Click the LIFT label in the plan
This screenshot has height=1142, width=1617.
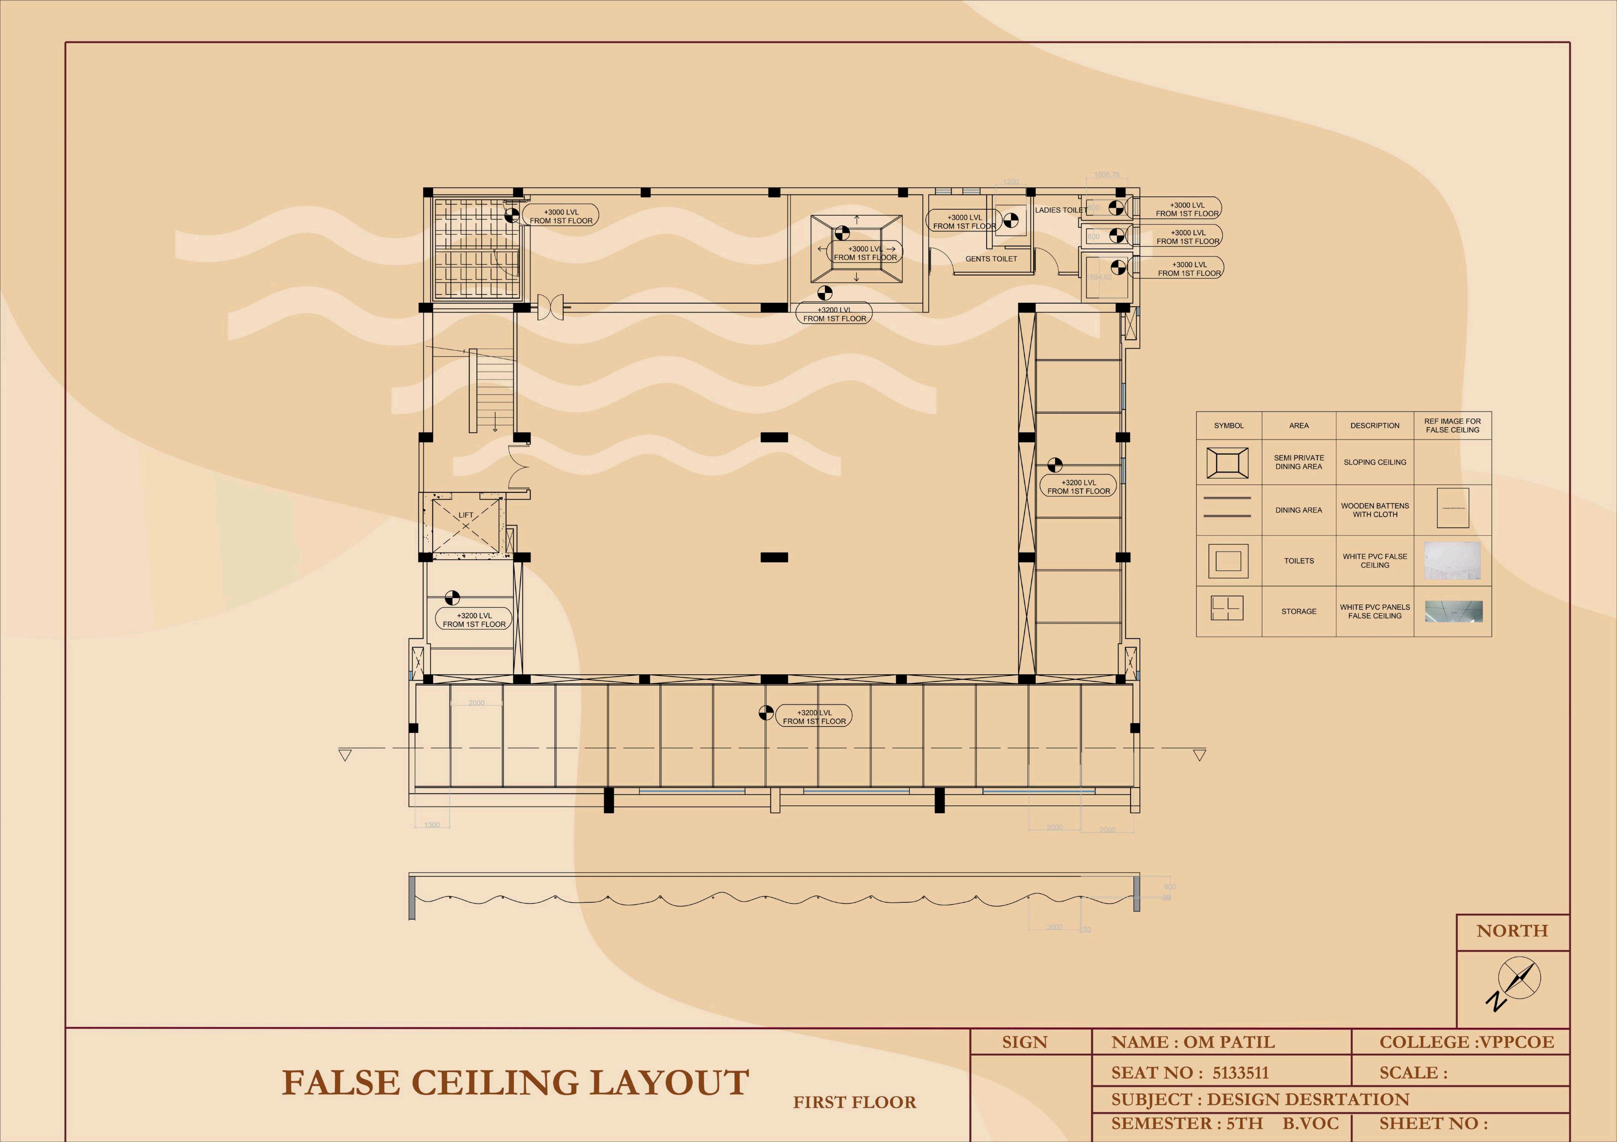(465, 515)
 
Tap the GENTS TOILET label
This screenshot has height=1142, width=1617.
(991, 258)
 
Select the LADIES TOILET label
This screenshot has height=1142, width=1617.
(1061, 210)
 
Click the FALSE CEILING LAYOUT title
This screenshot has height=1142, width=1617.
(515, 1083)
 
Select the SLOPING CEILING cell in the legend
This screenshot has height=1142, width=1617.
(1375, 462)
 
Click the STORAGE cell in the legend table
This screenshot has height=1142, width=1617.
(1299, 612)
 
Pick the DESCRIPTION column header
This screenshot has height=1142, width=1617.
(1375, 426)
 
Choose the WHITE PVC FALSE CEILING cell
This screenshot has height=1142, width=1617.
(1375, 561)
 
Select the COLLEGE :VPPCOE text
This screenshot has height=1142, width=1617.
(1466, 1042)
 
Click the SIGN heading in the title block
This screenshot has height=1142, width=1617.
(1025, 1042)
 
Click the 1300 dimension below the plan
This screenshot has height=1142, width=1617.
(432, 825)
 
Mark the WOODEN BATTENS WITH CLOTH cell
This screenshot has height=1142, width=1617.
(1375, 510)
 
